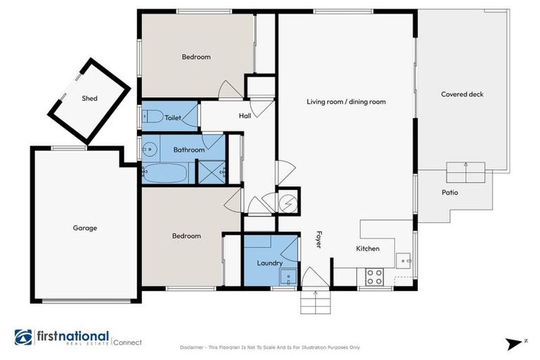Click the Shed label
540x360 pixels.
point(89,98)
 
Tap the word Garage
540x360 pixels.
point(84,228)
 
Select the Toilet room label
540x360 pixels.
point(173,119)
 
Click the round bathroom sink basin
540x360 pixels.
point(149,148)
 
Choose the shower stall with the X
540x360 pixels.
point(211,172)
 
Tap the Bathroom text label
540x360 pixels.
point(189,150)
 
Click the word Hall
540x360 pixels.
point(245,116)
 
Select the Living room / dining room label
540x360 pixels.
point(346,102)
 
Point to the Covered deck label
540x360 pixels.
point(462,94)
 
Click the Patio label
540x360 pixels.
point(450,192)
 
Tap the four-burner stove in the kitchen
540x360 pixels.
point(374,277)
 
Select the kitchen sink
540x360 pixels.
point(404,260)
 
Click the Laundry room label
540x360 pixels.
point(269,264)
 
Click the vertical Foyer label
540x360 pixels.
point(319,240)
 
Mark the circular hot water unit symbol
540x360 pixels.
point(288,202)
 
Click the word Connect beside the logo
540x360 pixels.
point(128,342)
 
